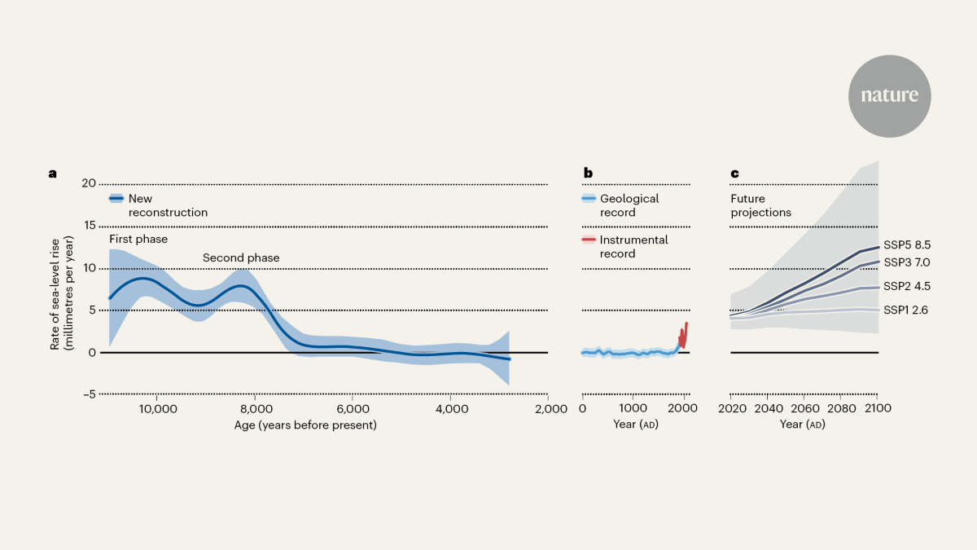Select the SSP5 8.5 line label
coord(907,244)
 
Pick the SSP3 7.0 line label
coord(907,262)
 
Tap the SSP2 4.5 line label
coord(907,286)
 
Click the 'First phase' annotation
coord(138,239)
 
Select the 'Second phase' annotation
coord(241,258)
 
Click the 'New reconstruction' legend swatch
coord(116,198)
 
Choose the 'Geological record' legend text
coord(629,205)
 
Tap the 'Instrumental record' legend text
coord(633,247)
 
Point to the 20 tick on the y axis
coord(89,183)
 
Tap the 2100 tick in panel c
coord(878,408)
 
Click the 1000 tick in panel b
coord(632,408)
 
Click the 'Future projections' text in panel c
coord(760,205)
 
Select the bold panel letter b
coord(588,173)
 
